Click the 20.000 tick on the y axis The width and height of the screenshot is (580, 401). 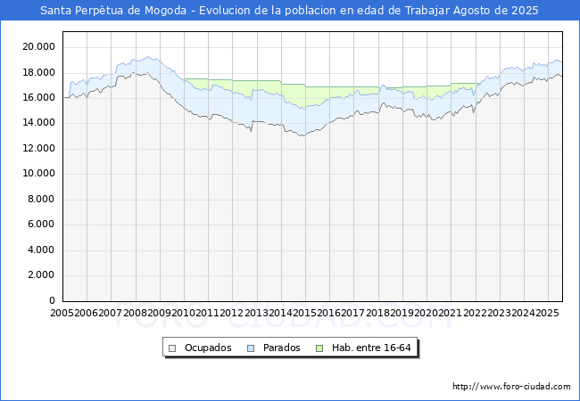(40, 46)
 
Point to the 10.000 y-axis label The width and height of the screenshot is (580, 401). (40, 174)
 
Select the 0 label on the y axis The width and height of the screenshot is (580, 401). (53, 300)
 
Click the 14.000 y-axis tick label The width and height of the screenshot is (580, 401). (40, 123)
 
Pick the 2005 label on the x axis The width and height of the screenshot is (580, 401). (62, 313)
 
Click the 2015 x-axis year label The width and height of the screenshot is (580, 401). (305, 313)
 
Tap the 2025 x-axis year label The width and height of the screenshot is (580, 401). (547, 313)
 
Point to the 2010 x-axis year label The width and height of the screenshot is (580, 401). (184, 313)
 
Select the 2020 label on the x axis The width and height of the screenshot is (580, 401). (426, 313)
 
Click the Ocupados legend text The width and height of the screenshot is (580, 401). (208, 348)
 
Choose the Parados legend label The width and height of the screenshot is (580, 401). (282, 348)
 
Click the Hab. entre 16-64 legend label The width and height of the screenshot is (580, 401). (371, 348)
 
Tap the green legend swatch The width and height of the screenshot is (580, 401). (321, 348)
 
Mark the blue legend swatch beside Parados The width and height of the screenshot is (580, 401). (252, 348)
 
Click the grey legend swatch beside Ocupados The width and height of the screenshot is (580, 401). (173, 348)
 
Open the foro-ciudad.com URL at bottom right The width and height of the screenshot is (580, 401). (511, 387)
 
